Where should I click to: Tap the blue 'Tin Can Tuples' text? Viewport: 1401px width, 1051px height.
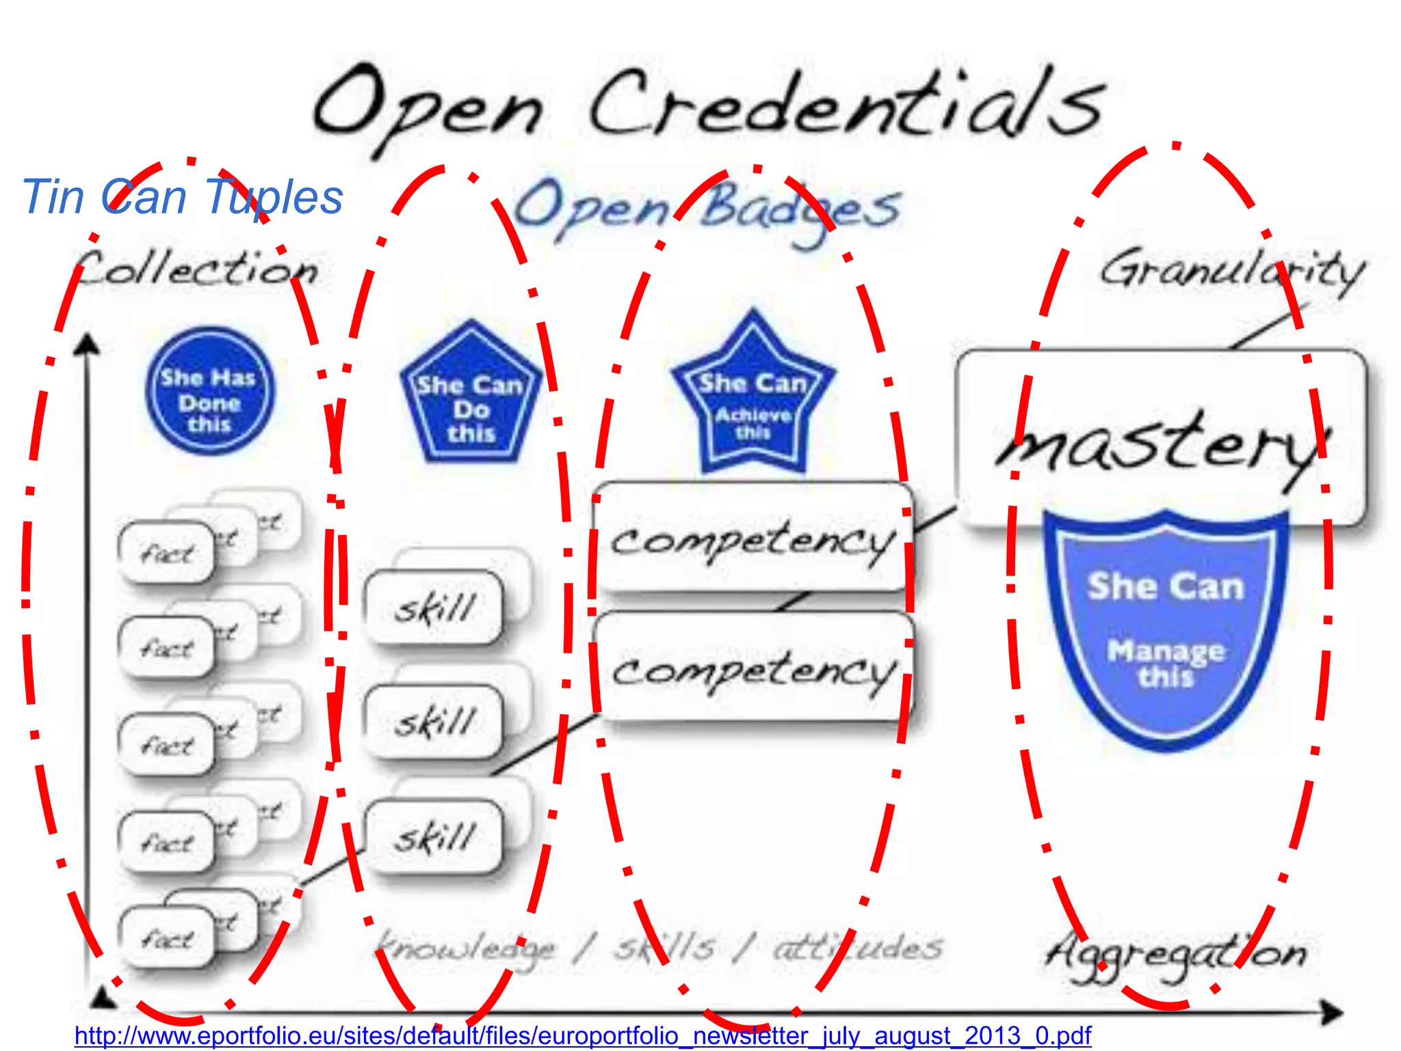click(182, 197)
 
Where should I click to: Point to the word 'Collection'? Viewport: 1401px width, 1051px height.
click(196, 269)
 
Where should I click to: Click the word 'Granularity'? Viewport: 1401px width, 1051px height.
click(1231, 270)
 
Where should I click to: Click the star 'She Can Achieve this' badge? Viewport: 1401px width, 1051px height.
click(752, 397)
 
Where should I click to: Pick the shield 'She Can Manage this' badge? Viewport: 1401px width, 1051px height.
click(1165, 630)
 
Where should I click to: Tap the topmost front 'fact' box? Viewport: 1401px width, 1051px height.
click(167, 553)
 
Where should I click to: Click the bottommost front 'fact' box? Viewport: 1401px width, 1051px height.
click(167, 937)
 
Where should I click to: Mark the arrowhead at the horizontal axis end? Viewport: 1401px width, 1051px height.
click(1331, 1012)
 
